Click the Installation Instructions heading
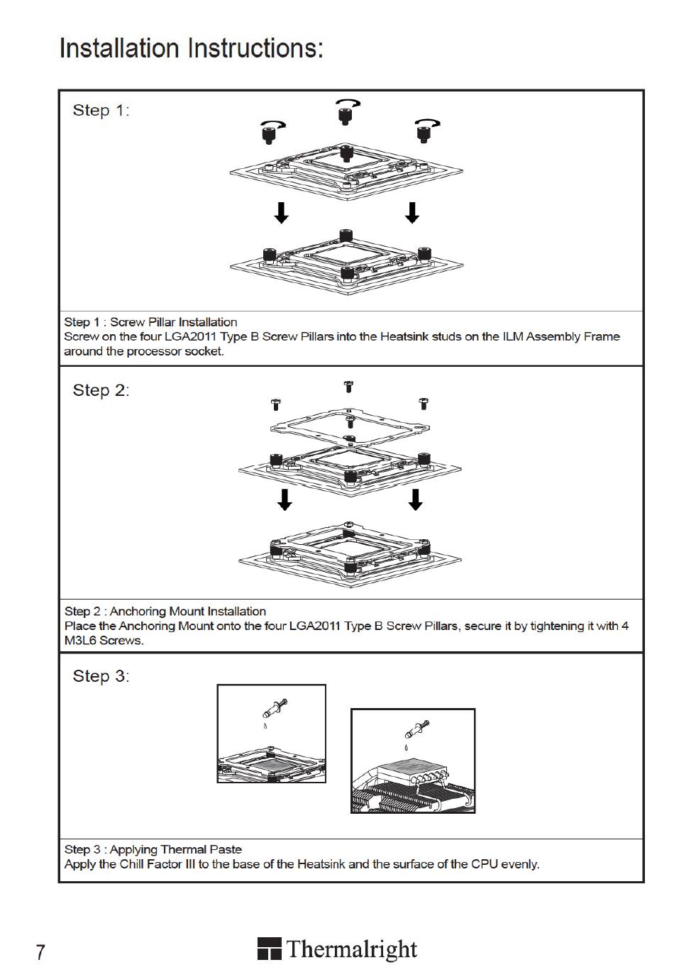tap(192, 48)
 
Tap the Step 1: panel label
tap(101, 110)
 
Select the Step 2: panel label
tap(101, 390)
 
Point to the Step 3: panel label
tap(101, 676)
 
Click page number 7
tap(40, 951)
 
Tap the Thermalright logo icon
tap(269, 949)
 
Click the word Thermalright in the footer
tap(352, 949)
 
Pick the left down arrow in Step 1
tap(282, 212)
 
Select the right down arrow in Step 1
tap(411, 212)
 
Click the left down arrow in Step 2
tap(284, 499)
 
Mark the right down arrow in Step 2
tap(416, 499)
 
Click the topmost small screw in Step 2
tap(348, 387)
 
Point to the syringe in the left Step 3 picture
tap(275, 708)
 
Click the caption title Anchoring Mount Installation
tap(188, 612)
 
